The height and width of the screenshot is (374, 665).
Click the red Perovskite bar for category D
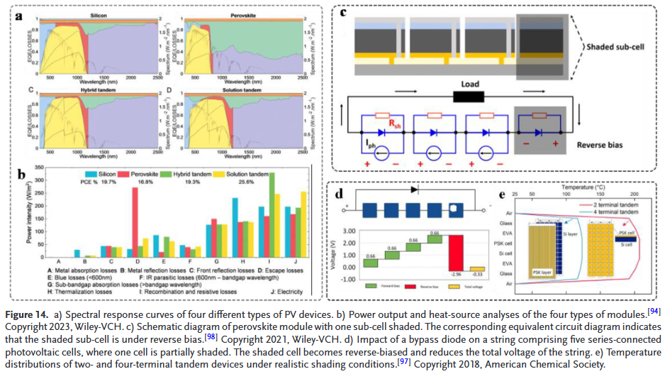[x=135, y=223]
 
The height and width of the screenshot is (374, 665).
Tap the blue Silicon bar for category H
[x=235, y=228]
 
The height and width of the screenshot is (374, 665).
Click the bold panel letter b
[x=23, y=173]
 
